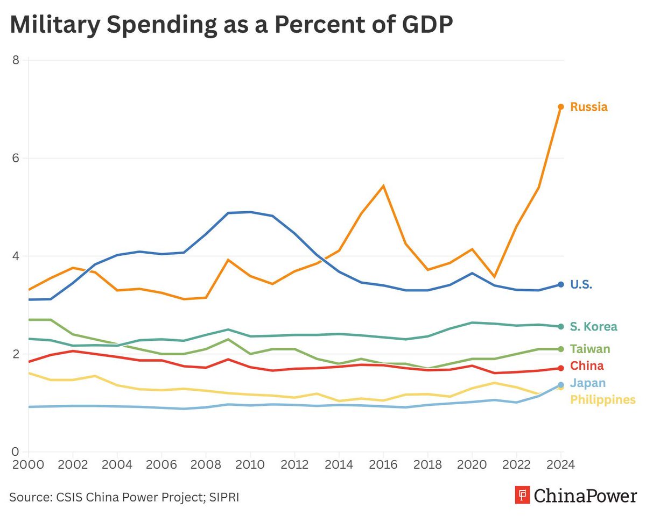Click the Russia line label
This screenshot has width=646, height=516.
[588, 107]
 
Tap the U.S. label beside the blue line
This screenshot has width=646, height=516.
[581, 285]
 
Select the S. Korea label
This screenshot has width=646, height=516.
[593, 327]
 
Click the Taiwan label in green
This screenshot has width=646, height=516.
[590, 349]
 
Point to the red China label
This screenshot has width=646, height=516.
[587, 366]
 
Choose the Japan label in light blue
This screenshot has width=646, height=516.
[588, 383]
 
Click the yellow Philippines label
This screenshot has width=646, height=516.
[602, 400]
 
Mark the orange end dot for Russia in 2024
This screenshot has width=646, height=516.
[560, 107]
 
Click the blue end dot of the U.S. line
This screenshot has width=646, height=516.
[560, 284]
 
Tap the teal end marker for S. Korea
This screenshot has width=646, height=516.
[560, 326]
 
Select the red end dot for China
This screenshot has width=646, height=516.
[560, 368]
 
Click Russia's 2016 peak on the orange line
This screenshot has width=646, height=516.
[383, 186]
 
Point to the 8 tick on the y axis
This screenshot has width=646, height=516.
[16, 60]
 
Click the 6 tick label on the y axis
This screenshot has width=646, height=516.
[16, 158]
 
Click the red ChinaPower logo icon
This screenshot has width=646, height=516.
[522, 495]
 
